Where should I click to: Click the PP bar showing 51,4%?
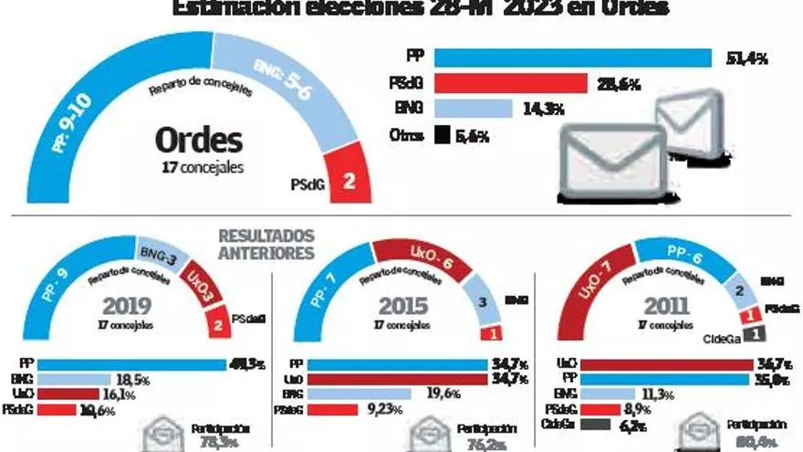(x=572, y=58)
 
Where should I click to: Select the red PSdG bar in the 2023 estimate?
(x=510, y=84)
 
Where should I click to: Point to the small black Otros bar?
(x=443, y=135)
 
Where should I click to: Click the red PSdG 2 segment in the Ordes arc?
(x=347, y=179)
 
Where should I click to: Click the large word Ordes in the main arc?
(x=198, y=141)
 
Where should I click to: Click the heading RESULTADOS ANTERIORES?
(x=266, y=244)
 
